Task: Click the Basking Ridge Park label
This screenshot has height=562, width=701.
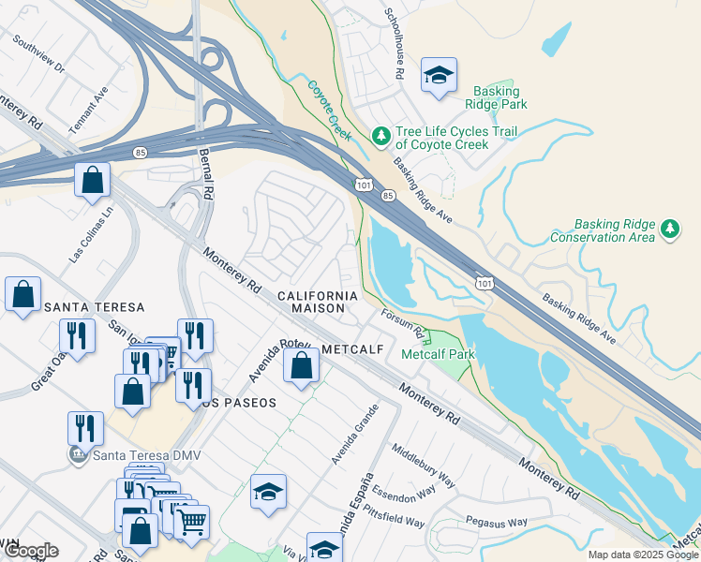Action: point(495,97)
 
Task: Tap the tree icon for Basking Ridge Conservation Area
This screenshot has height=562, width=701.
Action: point(669,229)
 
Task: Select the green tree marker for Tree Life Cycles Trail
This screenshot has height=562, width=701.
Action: point(380,138)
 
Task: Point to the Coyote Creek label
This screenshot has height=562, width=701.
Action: point(329,110)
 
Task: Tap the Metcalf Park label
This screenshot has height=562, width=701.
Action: point(438,354)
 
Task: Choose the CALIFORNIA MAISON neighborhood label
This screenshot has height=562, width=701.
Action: point(318,302)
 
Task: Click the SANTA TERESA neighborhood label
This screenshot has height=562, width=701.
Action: point(94,307)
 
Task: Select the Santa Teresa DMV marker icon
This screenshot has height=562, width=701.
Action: point(80,456)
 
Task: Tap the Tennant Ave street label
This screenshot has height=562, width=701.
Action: point(89,110)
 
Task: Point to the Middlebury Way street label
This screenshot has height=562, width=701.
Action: point(422,466)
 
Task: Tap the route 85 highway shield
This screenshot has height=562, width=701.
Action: point(386,195)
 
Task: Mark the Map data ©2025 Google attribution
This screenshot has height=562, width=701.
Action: point(642,555)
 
